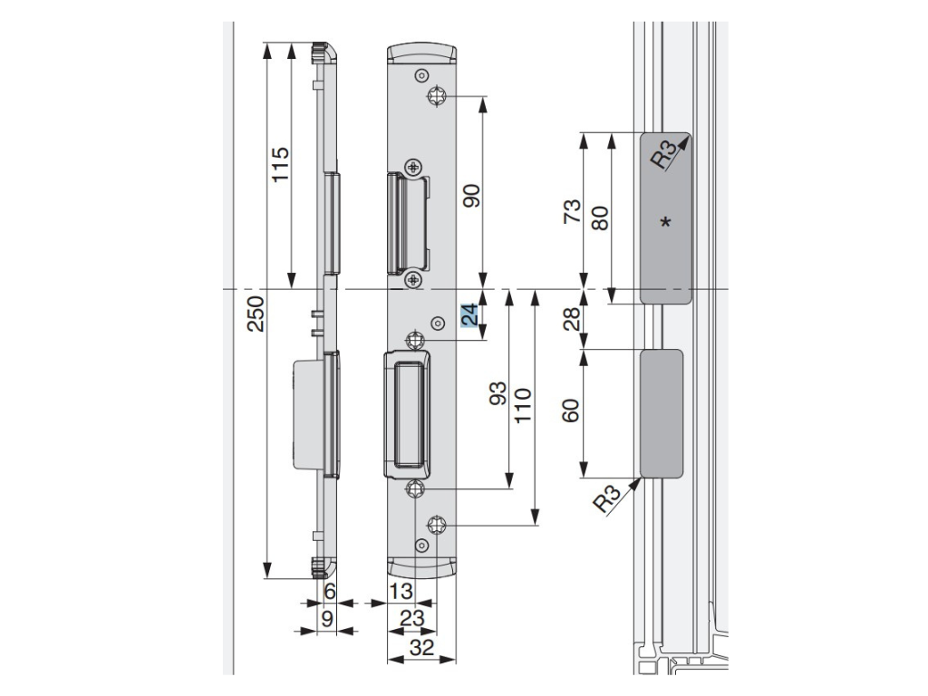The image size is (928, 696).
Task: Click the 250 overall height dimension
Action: [256, 314]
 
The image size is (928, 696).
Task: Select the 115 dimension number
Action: [280, 165]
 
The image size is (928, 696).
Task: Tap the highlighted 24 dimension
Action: [470, 314]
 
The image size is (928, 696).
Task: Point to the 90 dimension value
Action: [471, 196]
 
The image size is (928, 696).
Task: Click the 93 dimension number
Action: [498, 393]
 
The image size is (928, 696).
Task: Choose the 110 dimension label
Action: [523, 405]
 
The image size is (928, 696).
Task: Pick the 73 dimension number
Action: [573, 211]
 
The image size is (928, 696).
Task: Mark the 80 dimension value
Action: [600, 218]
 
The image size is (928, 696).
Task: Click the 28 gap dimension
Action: [573, 319]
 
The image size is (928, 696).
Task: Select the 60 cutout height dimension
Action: [571, 411]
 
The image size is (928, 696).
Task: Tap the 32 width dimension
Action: [421, 647]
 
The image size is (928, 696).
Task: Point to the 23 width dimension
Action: [412, 618]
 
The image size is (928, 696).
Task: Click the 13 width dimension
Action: [401, 591]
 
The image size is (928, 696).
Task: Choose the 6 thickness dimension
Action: [330, 591]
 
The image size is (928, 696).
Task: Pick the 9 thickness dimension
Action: [327, 619]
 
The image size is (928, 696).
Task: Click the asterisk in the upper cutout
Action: [666, 223]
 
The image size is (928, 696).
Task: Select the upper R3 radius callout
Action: [664, 154]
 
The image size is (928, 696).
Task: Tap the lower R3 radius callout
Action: [608, 499]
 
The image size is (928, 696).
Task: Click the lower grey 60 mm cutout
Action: [662, 413]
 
